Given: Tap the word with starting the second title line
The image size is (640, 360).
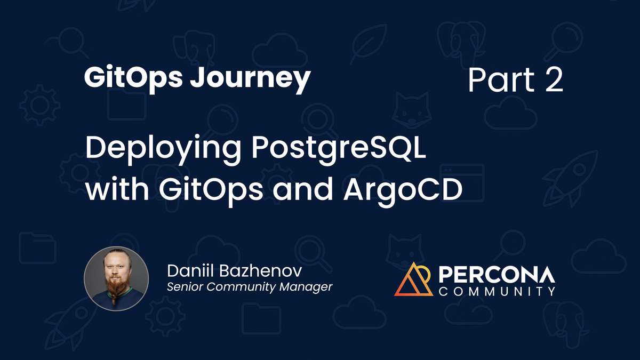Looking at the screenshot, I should [110, 190].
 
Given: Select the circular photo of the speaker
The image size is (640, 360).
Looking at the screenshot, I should [116, 278].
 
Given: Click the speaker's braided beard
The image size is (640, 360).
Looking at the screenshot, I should [114, 291].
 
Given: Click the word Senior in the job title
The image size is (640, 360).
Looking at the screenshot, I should [185, 287].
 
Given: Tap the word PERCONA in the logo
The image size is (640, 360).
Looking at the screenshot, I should [497, 275].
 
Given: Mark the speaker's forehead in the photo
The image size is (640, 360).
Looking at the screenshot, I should [116, 260].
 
